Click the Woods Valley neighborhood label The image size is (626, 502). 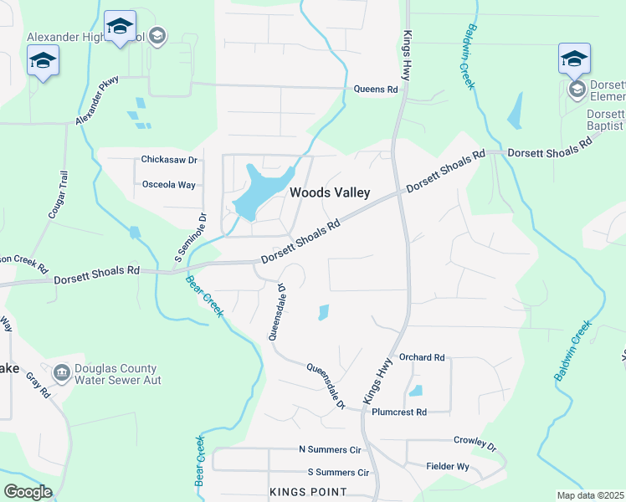pyautogui.click(x=330, y=192)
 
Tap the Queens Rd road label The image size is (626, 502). pyautogui.click(x=375, y=90)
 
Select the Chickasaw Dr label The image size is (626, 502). pyautogui.click(x=168, y=160)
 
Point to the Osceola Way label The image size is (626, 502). pyautogui.click(x=168, y=184)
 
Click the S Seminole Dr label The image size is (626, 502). pyautogui.click(x=190, y=238)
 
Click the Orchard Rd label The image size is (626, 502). pyautogui.click(x=422, y=357)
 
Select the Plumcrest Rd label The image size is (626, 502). pyautogui.click(x=399, y=412)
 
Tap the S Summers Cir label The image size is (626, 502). pyautogui.click(x=338, y=473)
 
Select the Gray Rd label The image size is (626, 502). pyautogui.click(x=37, y=386)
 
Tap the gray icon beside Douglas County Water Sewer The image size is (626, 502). pyautogui.click(x=61, y=371)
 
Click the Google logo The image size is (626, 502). pyautogui.click(x=28, y=491)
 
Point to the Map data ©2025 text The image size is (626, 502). pyautogui.click(x=589, y=495)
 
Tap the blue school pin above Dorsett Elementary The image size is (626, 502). pyautogui.click(x=574, y=59)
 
